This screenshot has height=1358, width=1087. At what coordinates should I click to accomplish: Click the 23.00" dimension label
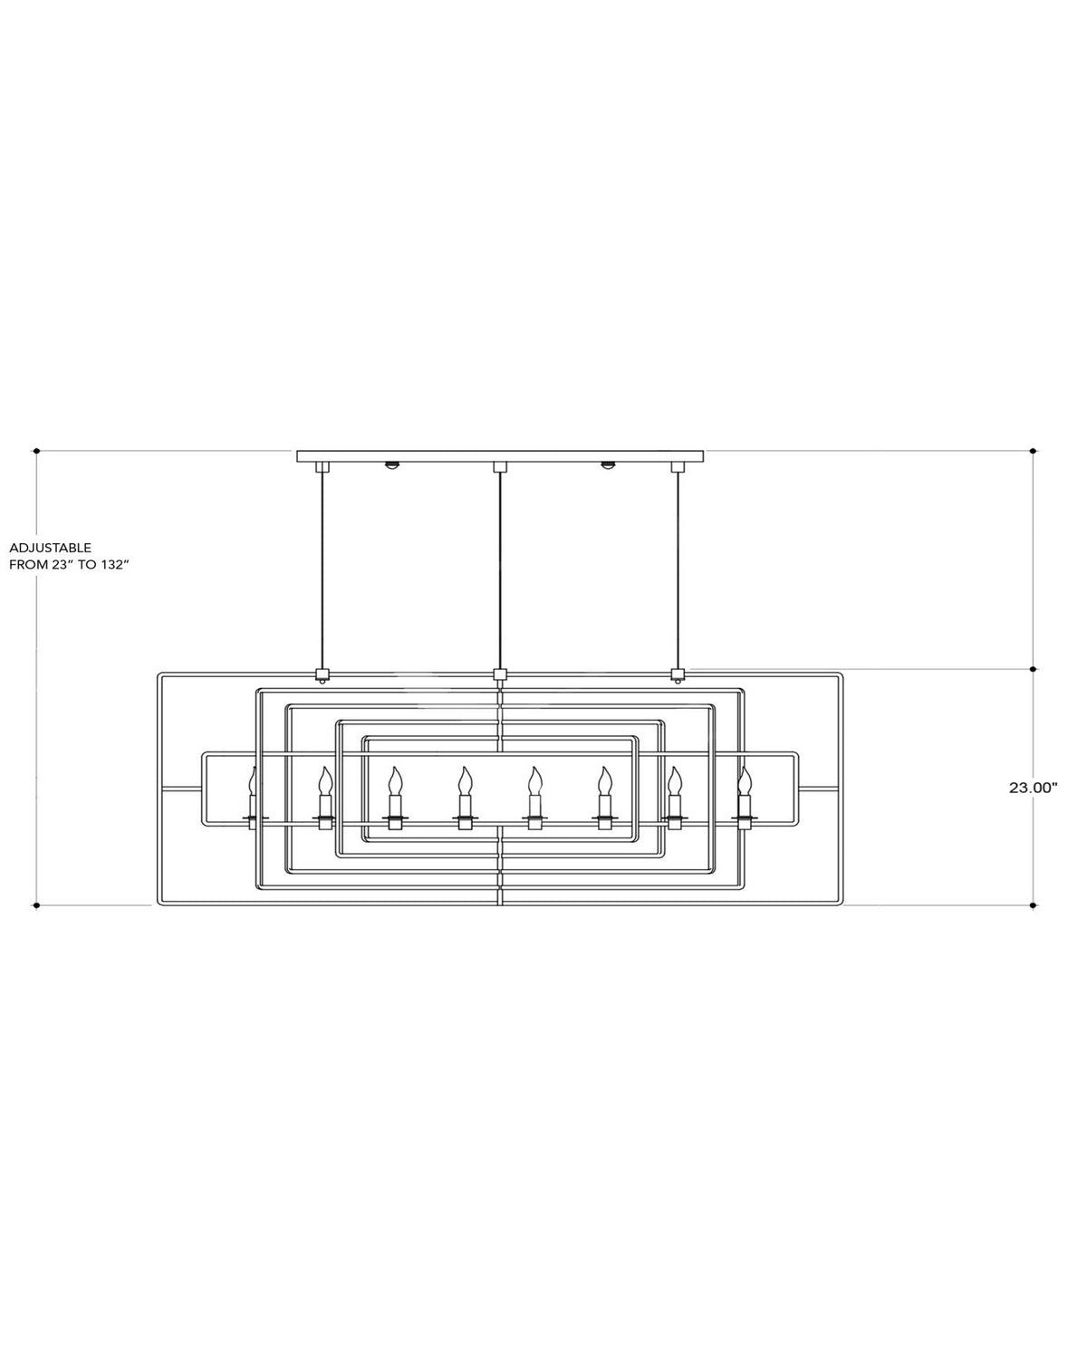[x=1033, y=788]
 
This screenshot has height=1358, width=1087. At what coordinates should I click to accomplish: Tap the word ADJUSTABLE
[x=50, y=548]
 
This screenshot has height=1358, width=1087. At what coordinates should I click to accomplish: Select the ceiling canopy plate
[x=500, y=456]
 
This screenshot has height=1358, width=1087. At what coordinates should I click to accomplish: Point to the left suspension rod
[x=322, y=570]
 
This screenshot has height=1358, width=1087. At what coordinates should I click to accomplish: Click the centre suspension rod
[x=500, y=570]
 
